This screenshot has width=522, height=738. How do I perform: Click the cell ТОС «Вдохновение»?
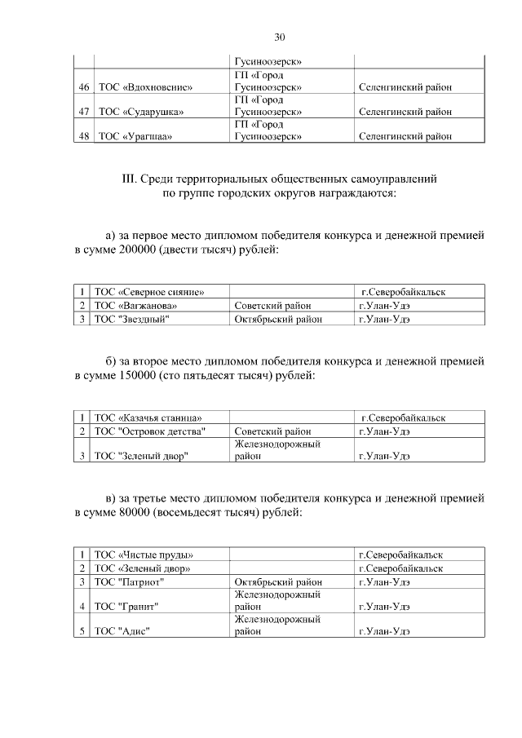[x=144, y=87]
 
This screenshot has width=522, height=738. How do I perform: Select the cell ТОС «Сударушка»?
[x=139, y=112]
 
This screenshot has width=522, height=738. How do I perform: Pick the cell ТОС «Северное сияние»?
[x=149, y=292]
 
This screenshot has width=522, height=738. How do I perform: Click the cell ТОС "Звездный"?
[x=132, y=320]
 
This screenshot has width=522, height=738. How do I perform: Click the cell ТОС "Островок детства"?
[x=149, y=431]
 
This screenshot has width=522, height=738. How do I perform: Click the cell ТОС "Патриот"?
[x=130, y=582]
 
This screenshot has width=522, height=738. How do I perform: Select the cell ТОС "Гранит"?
[x=126, y=606]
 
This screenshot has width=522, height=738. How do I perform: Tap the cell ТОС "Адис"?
[x=123, y=630]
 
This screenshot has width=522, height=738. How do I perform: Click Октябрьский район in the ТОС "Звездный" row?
[x=278, y=320]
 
